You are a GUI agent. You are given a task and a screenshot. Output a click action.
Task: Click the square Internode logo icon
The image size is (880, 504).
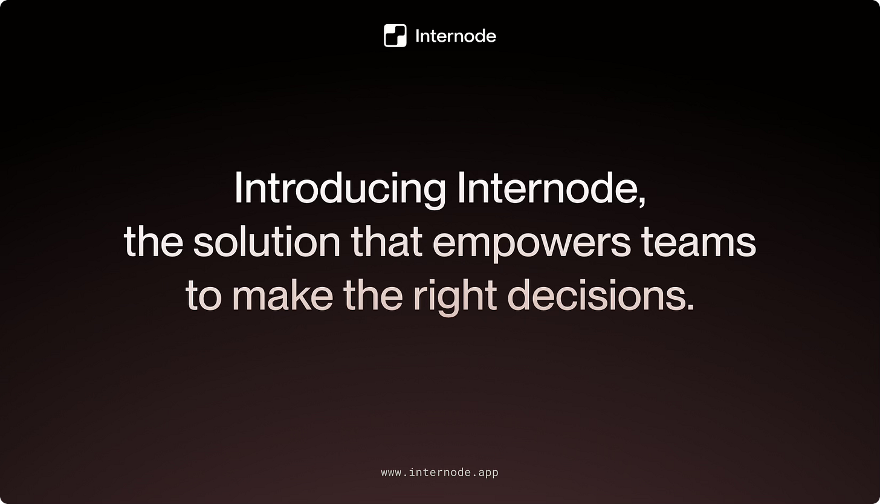395,36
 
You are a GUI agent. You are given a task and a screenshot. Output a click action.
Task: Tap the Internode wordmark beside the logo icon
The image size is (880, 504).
456,36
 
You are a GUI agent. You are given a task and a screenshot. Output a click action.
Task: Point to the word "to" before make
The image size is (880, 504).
203,296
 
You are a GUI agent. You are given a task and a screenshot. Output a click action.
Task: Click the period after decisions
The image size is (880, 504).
690,306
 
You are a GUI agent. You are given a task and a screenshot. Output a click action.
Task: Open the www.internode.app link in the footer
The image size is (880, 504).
439,473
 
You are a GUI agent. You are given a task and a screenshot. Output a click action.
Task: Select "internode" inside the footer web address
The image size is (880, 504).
439,473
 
